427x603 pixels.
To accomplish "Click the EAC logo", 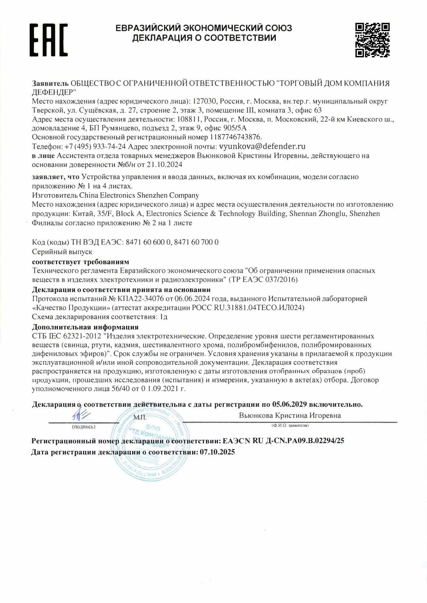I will pyautogui.click(x=48, y=40).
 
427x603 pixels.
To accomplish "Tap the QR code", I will pyautogui.click(x=372, y=40).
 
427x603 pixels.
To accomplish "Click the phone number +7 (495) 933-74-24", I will pyautogui.click(x=96, y=146).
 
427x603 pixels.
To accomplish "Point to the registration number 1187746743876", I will pyautogui.click(x=236, y=137).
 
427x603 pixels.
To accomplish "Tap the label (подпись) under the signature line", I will pyautogui.click(x=84, y=427).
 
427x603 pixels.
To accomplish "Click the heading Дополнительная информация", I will pyautogui.click(x=85, y=327).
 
